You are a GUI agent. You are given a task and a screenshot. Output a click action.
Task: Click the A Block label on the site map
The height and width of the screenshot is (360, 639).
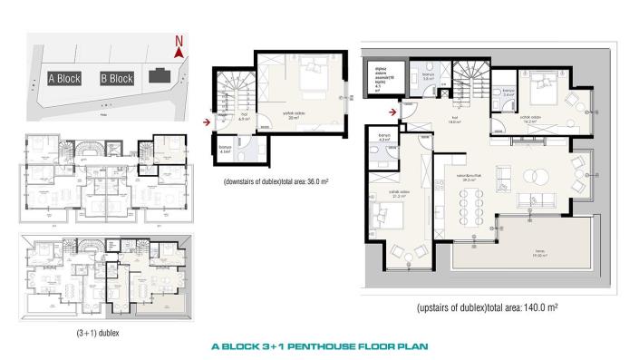pyautogui.click(x=64, y=79)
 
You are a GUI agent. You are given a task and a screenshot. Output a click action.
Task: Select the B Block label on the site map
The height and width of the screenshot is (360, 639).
pyautogui.click(x=117, y=79)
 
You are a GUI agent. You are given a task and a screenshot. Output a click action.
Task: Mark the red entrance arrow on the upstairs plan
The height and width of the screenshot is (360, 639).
pyautogui.click(x=392, y=112)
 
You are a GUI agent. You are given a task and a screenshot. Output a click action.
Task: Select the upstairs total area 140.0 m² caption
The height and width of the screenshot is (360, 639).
pyautogui.click(x=487, y=307)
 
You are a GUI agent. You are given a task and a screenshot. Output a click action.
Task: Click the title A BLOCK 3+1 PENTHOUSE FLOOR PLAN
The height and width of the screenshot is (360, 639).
pyautogui.click(x=319, y=345)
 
